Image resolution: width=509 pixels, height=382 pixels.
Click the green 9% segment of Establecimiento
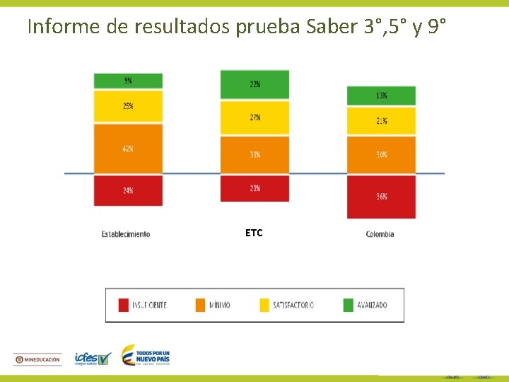click(128, 81)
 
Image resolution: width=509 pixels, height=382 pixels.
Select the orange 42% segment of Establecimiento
click(128, 149)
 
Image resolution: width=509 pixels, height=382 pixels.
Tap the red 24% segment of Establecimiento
click(128, 190)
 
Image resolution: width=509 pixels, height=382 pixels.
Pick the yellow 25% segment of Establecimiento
click(128, 106)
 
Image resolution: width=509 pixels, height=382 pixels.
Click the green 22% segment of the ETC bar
click(255, 84)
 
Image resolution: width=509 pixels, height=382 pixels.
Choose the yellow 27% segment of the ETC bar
click(255, 117)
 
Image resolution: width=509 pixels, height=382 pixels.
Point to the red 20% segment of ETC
click(255, 188)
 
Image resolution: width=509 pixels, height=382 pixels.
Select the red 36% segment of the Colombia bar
click(381, 197)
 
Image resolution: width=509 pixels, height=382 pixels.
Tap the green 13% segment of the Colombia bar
click(381, 95)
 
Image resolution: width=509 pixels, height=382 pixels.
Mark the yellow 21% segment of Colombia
click(381, 121)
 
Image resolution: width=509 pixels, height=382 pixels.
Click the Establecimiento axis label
click(126, 234)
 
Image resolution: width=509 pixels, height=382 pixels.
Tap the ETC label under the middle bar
click(254, 233)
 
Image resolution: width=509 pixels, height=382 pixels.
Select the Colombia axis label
click(380, 234)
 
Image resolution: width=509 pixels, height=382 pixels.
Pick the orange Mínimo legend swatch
click(199, 305)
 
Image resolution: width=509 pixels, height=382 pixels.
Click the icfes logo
click(93, 359)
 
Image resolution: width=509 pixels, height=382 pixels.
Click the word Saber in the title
click(332, 27)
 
